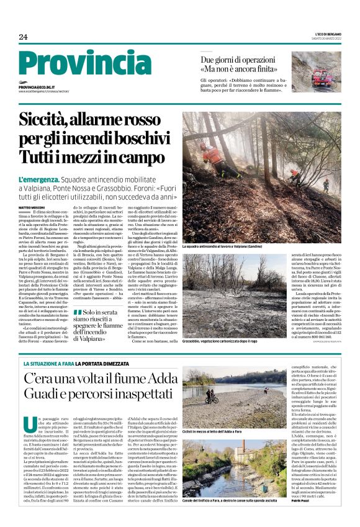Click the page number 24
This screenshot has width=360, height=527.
click(23, 37)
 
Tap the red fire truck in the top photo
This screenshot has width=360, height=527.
click(326, 79)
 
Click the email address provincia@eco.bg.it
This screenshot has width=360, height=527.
click(37, 88)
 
